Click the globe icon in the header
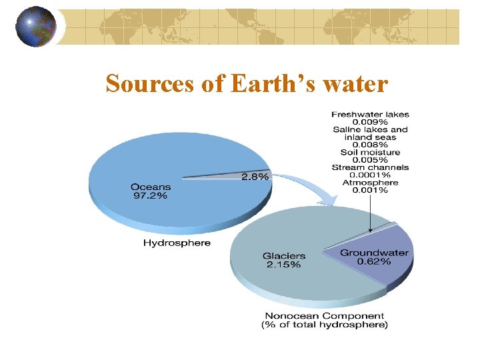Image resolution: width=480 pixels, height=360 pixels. (36, 26)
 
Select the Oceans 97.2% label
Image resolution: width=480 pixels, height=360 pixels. (151, 193)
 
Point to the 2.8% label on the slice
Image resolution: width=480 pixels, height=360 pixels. (255, 177)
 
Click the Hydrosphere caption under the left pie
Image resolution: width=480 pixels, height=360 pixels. (177, 243)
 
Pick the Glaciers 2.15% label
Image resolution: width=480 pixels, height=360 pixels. (283, 260)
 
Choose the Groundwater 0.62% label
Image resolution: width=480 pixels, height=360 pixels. (374, 257)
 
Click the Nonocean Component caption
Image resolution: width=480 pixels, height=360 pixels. (324, 320)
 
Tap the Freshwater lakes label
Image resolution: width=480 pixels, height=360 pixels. (371, 115)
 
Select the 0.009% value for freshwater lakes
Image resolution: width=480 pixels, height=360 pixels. (371, 122)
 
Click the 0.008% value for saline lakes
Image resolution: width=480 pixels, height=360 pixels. (371, 145)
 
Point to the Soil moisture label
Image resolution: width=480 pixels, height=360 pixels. (371, 153)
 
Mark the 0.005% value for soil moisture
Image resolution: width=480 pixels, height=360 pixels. (371, 160)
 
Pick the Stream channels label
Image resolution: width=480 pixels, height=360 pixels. (371, 168)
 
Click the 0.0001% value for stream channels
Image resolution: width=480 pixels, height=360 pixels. (371, 175)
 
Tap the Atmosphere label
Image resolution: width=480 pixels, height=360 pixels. (371, 183)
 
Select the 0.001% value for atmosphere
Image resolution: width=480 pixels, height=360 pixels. (371, 191)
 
